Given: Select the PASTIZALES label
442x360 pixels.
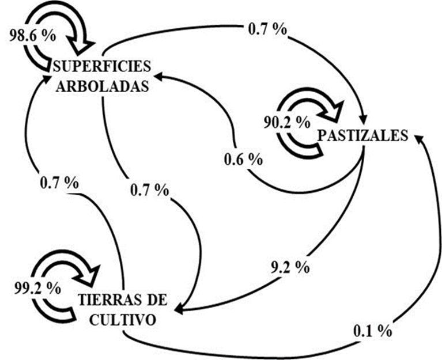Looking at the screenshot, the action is (x=362, y=135).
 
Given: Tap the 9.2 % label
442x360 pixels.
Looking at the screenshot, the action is (x=290, y=267).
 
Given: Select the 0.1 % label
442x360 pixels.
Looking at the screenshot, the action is (x=373, y=331).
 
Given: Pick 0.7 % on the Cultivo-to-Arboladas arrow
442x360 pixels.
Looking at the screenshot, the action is (x=59, y=183).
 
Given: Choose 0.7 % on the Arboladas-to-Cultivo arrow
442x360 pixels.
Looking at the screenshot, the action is (x=149, y=188).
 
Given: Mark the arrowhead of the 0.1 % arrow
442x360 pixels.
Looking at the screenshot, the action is (x=420, y=138).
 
